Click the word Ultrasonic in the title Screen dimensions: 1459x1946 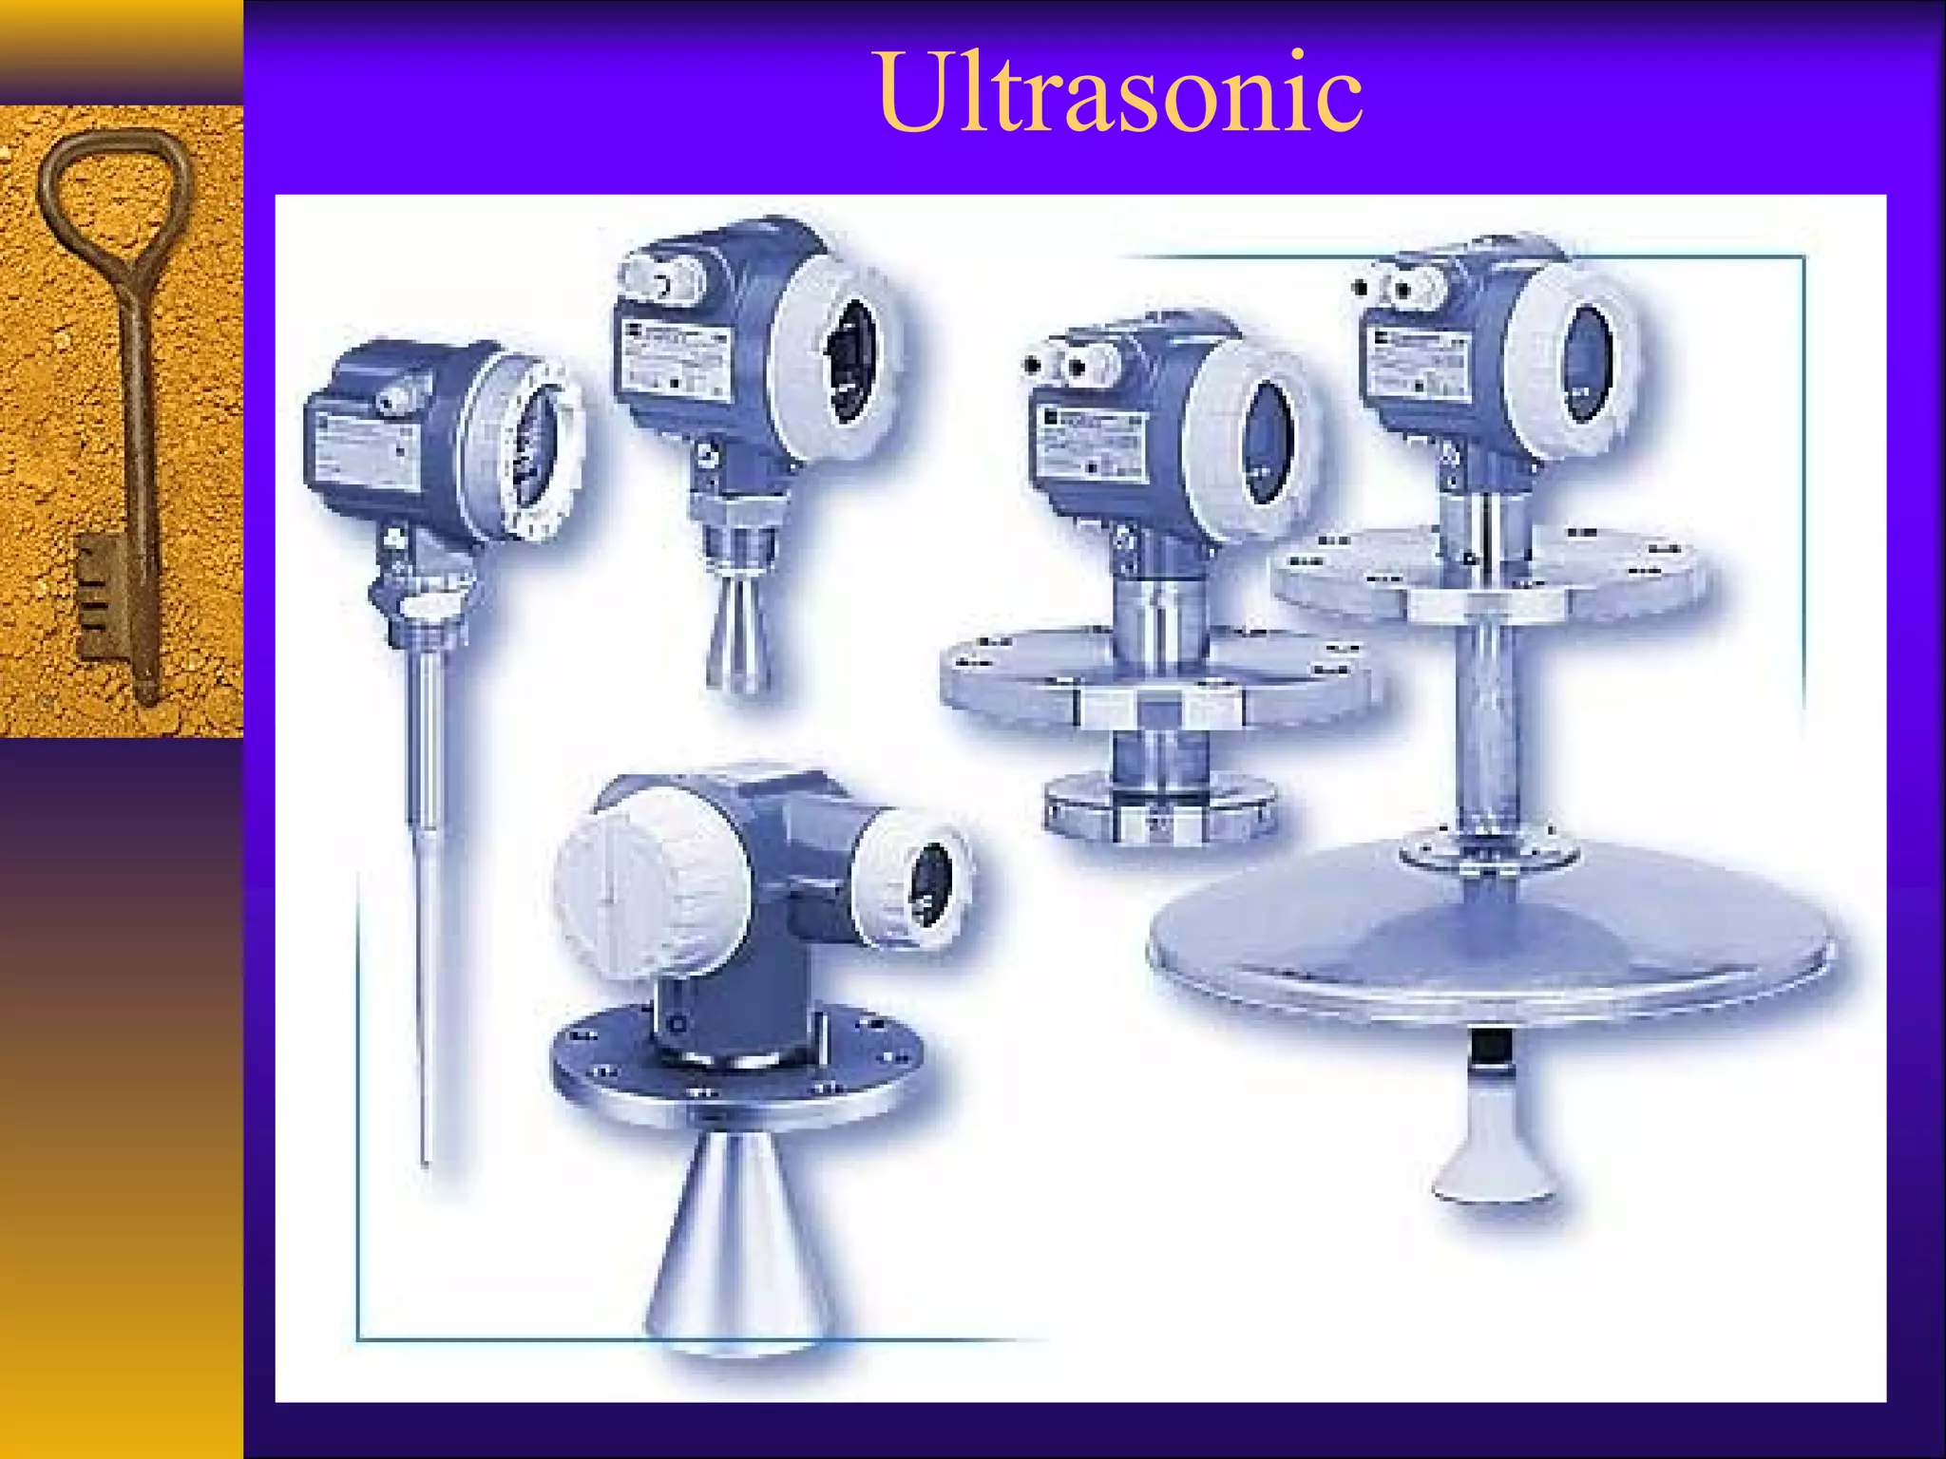pyautogui.click(x=1119, y=93)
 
